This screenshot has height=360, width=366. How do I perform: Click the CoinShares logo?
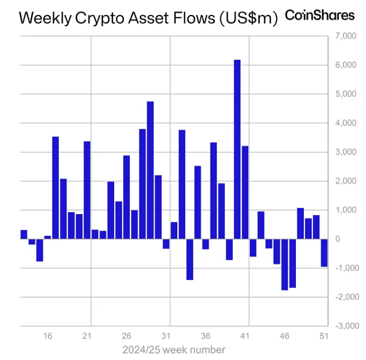click(x=319, y=16)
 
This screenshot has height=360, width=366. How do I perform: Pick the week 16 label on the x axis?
click(x=48, y=336)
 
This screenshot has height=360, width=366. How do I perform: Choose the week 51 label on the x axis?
click(x=324, y=336)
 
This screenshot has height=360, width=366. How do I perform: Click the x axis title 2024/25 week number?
click(x=174, y=350)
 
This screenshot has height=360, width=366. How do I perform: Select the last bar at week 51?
click(x=324, y=253)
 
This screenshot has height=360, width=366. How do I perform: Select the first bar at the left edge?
click(x=24, y=234)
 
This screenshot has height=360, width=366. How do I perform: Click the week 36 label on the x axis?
click(x=205, y=336)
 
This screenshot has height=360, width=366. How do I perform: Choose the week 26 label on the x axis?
click(x=126, y=336)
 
